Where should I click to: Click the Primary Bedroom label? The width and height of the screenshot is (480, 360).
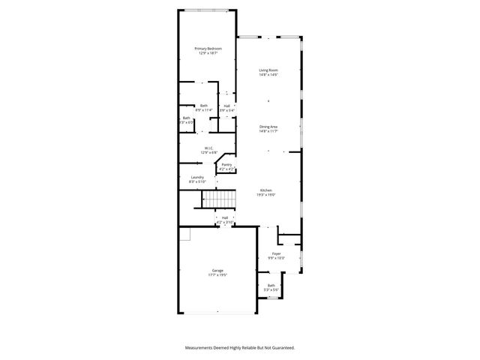pos(208,49)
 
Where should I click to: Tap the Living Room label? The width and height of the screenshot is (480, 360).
pos(268,70)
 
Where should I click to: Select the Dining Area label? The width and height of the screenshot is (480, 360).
pos(268,127)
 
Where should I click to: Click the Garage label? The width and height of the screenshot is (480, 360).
pos(217,271)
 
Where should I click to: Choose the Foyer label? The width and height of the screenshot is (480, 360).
pos(276,254)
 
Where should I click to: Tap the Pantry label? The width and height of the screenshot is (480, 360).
pos(226,164)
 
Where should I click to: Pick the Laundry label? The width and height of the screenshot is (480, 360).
pos(197,177)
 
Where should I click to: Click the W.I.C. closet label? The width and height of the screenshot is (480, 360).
pos(210,148)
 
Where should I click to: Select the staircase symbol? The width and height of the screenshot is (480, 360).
pos(220,199)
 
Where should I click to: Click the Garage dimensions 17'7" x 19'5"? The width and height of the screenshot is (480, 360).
pos(217,275)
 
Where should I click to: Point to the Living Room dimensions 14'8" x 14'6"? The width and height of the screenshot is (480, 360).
pos(268,75)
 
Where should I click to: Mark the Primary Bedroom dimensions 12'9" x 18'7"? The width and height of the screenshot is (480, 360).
pos(208,53)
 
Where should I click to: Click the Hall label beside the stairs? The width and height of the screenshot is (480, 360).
pos(225,218)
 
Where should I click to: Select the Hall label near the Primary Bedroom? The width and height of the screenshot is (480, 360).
pos(226,106)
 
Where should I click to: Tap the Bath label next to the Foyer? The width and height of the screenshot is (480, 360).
pos(271,285)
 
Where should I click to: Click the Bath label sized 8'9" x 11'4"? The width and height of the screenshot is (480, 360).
pos(203,106)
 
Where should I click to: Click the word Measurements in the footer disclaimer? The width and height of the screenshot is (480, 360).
pos(201,348)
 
